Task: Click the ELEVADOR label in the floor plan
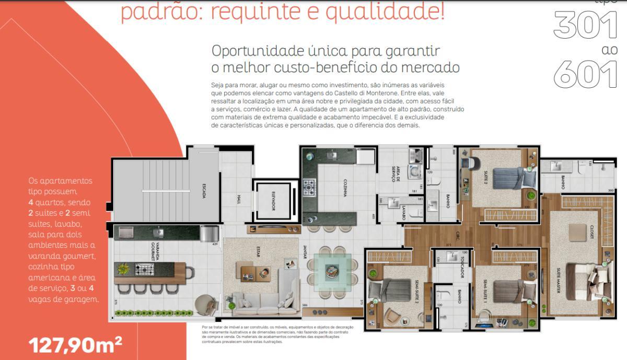tap(273, 200)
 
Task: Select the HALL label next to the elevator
tap(239, 200)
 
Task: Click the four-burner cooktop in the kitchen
tap(310, 187)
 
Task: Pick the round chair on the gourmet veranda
tap(206, 304)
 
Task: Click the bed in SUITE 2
tap(507, 177)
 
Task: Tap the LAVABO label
tap(403, 212)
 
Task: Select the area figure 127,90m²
tap(76, 345)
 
